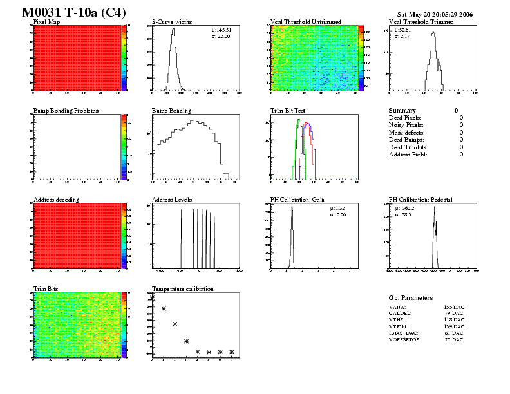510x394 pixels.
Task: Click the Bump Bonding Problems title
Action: [x=66, y=111]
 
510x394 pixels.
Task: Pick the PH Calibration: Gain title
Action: [x=297, y=200]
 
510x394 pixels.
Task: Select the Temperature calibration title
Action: [x=182, y=288]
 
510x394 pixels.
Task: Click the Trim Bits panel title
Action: [x=45, y=288]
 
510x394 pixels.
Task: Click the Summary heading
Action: [x=402, y=111]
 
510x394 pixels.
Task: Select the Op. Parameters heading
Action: [x=411, y=298]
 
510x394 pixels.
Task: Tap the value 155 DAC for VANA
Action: [x=453, y=308]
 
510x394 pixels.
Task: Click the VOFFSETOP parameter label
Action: [x=404, y=339]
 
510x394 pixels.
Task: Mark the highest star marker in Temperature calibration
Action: [x=152, y=297]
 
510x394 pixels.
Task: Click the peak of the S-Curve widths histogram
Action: [x=173, y=29]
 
